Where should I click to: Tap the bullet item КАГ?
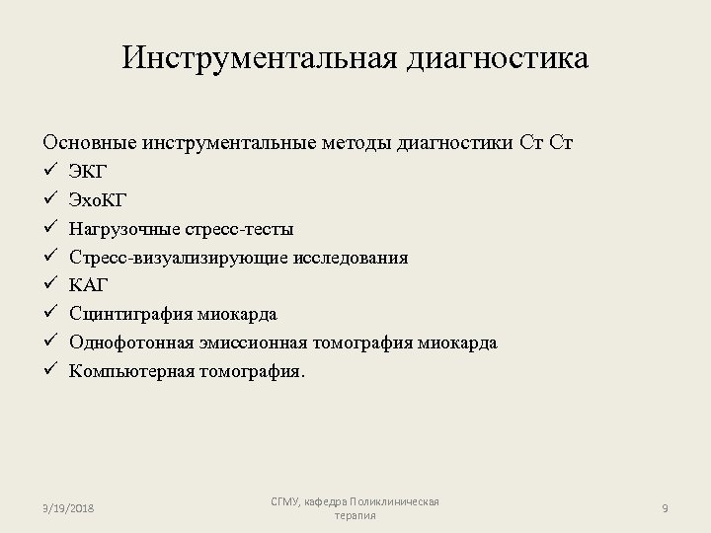pos(89,285)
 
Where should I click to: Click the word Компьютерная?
pos(127,371)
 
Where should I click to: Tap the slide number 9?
pos(666,508)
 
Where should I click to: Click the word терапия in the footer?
pos(355,516)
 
